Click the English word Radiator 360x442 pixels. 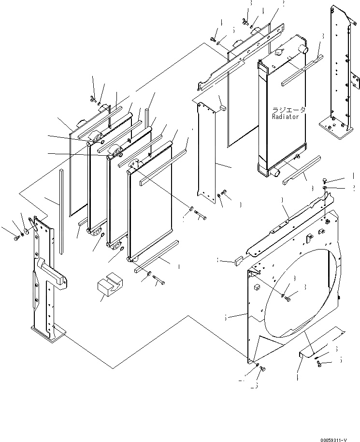tap(286, 117)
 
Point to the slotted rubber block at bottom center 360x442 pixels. tap(109, 287)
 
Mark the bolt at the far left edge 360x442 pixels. tap(17, 237)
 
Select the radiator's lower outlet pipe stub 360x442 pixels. tap(274, 171)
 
